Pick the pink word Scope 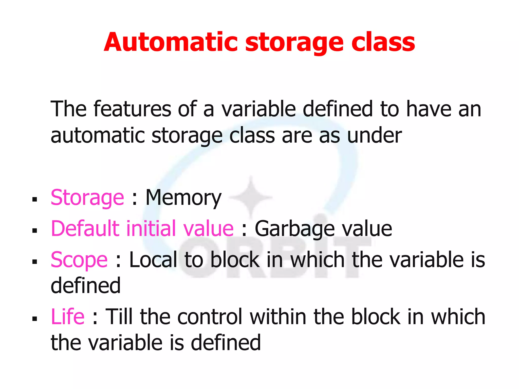[79, 260]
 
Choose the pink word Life [67, 317]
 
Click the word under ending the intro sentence [374, 136]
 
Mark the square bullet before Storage [35, 200]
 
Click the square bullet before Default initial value [35, 231]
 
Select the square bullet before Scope [35, 262]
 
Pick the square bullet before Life [35, 318]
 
